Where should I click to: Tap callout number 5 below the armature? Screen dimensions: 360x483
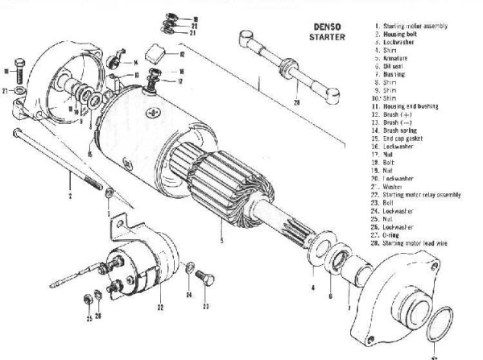pyautogui.click(x=221, y=239)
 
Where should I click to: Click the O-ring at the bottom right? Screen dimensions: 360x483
pyautogui.click(x=440, y=329)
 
